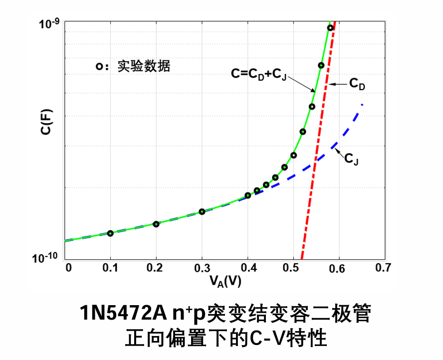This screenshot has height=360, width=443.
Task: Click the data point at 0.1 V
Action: coord(110,233)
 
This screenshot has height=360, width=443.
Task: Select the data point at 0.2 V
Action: coord(156,224)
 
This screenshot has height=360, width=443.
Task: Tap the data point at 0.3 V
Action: coord(202,211)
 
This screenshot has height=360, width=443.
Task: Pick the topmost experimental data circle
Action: coord(330,28)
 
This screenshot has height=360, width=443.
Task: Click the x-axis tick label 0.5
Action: coord(293,268)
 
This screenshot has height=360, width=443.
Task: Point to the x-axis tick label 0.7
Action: coord(383,268)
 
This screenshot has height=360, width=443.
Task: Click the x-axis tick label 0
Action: coord(68,268)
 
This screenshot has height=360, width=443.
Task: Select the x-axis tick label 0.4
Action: coord(247,268)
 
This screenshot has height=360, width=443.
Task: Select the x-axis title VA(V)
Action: coord(225,282)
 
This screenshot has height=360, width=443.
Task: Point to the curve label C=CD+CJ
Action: coord(258,74)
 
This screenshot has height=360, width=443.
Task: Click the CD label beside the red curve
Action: coord(357,84)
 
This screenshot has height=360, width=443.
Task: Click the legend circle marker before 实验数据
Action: coord(100,66)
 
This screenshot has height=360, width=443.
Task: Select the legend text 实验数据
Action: coord(144,66)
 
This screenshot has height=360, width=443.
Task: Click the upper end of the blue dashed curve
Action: coord(361,105)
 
